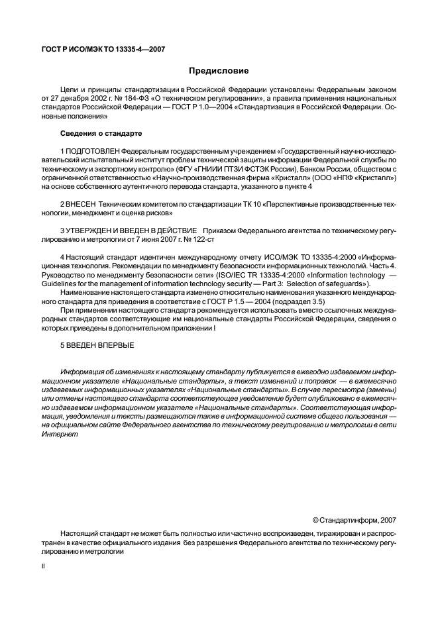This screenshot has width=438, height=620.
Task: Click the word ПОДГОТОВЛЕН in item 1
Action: pos(92,152)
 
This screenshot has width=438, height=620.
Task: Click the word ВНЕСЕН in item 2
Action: pos(83,205)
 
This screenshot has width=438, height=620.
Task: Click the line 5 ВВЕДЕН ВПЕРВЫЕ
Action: pos(97,346)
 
